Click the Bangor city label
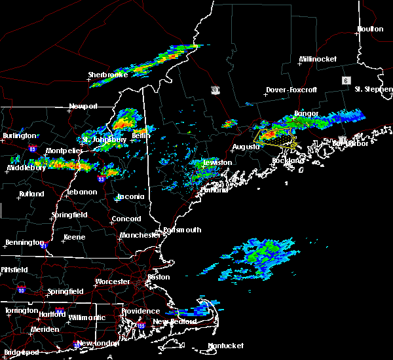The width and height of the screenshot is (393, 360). [x=306, y=113]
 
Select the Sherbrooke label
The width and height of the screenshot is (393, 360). [x=108, y=75]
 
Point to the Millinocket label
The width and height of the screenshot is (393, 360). [x=318, y=59]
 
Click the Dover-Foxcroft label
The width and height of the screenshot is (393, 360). [x=291, y=90]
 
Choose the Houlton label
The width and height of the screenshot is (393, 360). [x=369, y=29]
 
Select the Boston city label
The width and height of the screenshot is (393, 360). [x=159, y=277]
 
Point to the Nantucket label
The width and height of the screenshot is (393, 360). [x=225, y=346]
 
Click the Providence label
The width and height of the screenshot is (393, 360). [x=141, y=311]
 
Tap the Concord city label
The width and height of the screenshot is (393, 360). [x=126, y=219]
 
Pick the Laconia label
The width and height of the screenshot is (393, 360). [x=130, y=197]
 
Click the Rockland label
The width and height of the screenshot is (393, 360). [x=289, y=160]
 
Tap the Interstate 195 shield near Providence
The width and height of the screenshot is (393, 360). [x=141, y=325]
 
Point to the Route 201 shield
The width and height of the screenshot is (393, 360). [x=215, y=90]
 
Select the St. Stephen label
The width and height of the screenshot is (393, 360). [x=371, y=89]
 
